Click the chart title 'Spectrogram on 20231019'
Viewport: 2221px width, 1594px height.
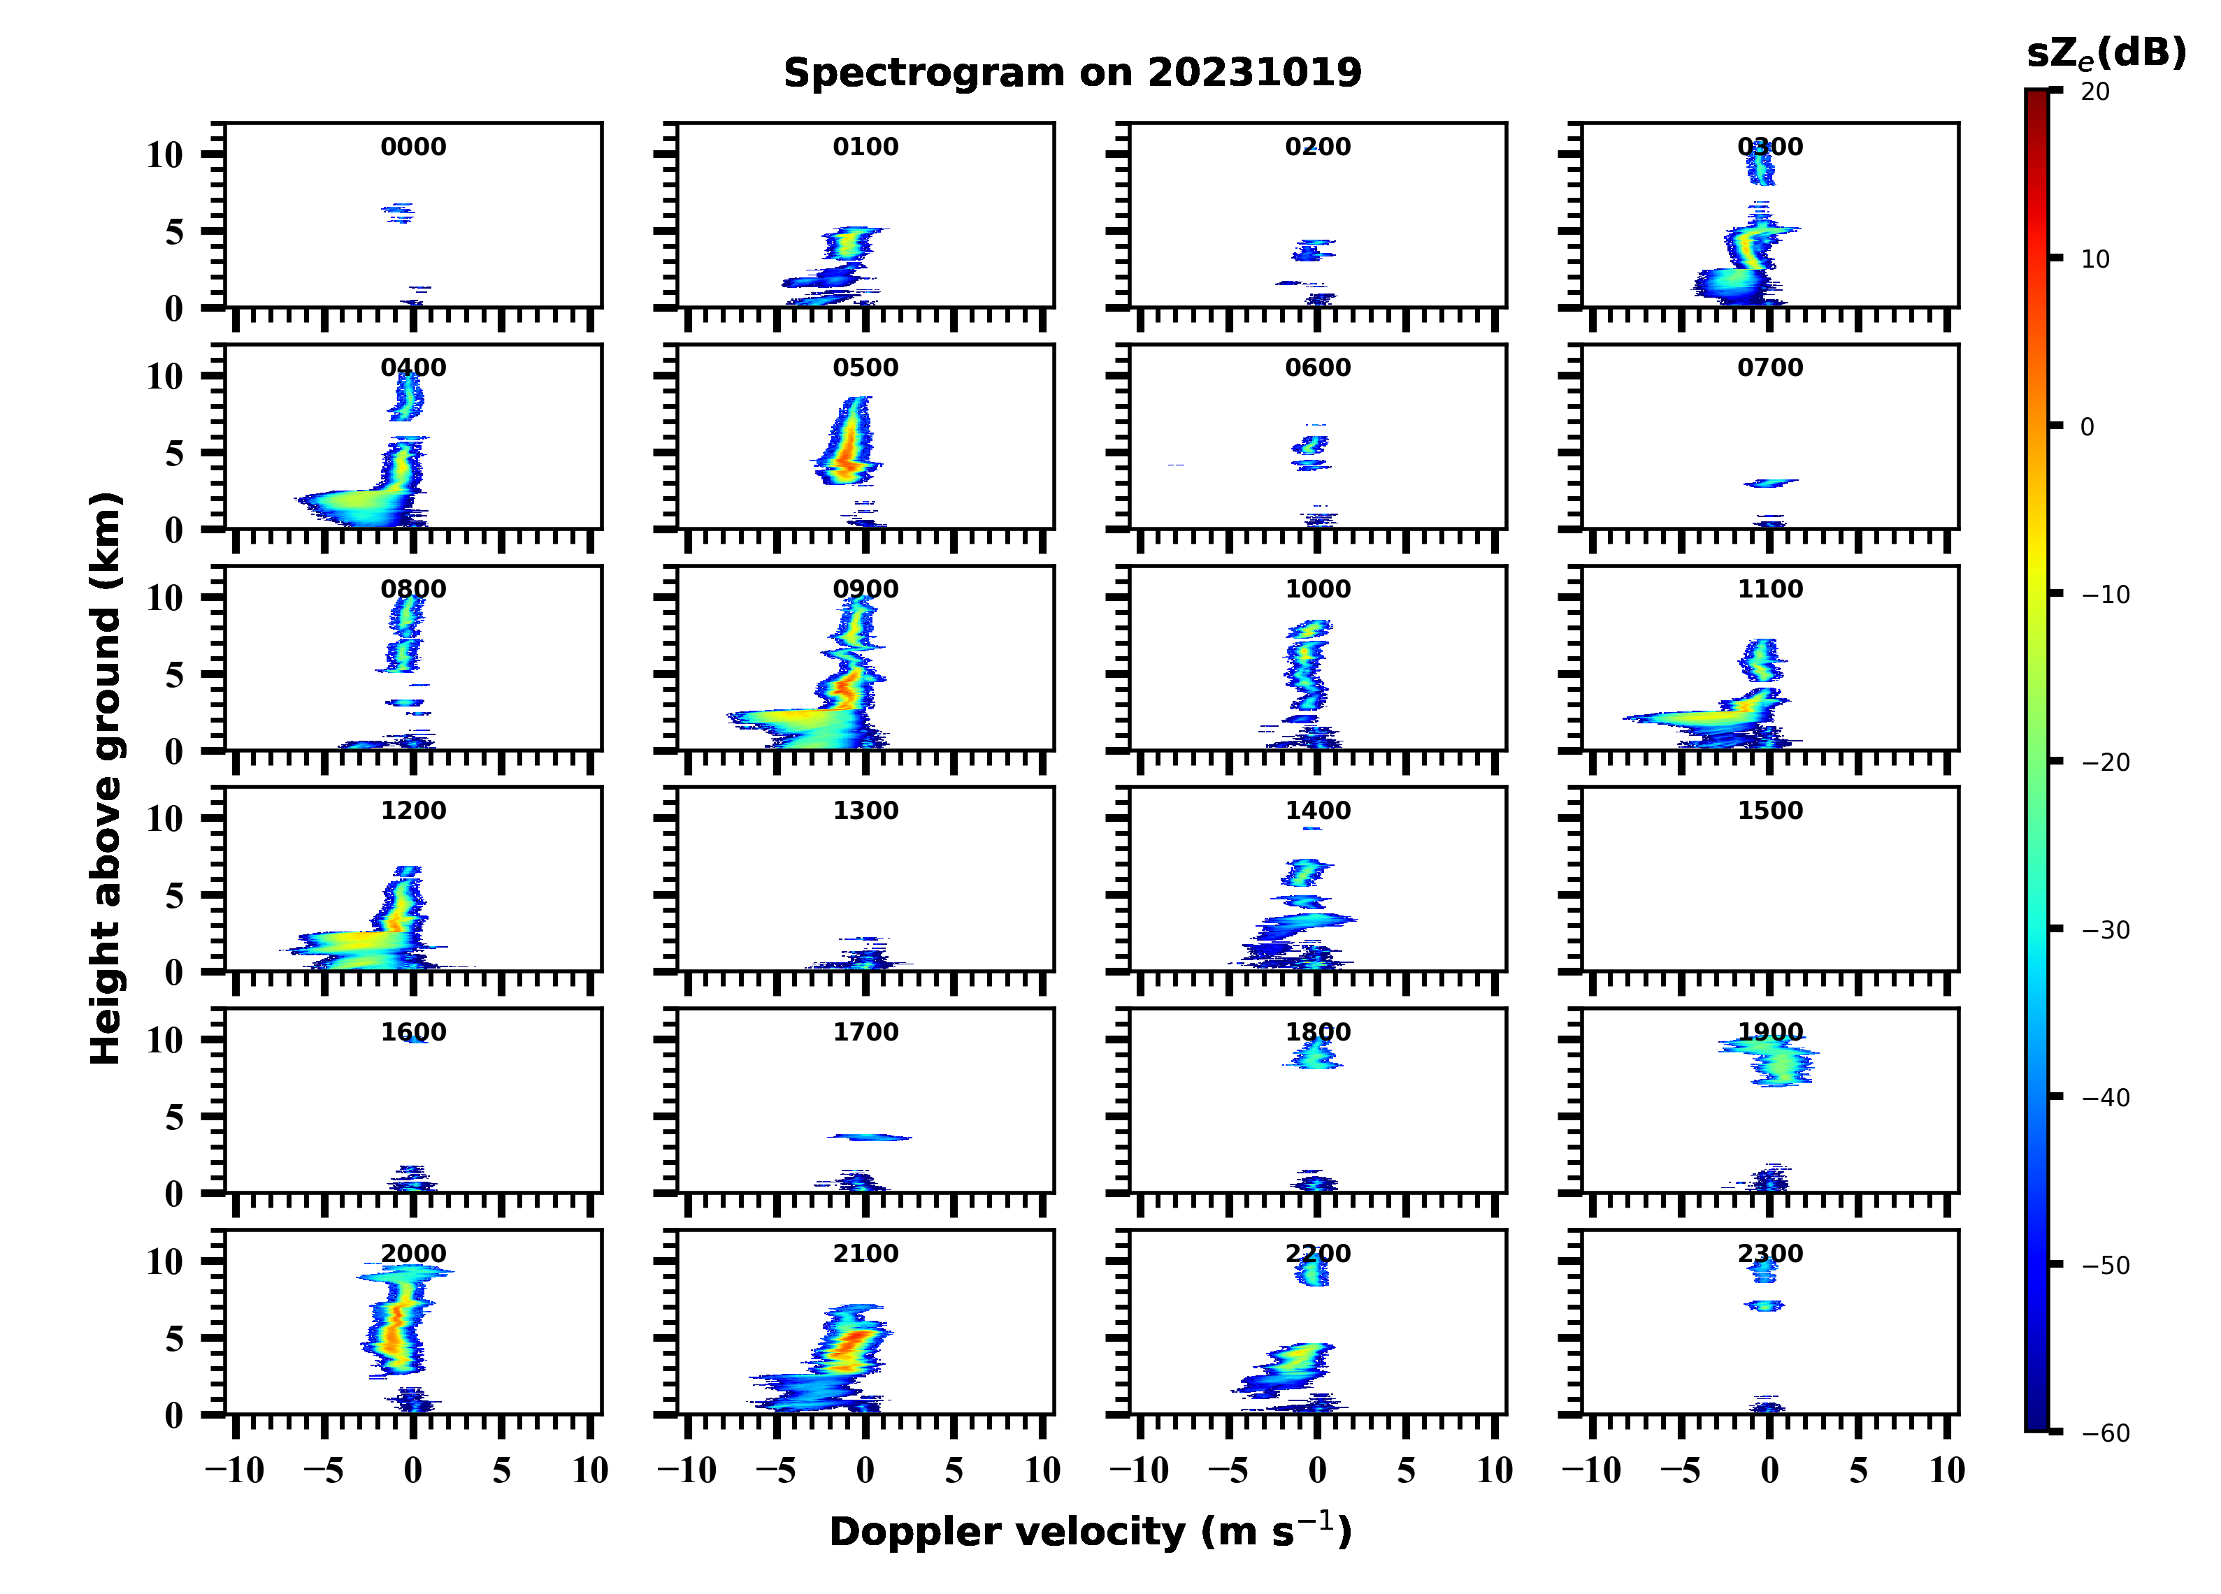pyautogui.click(x=1072, y=73)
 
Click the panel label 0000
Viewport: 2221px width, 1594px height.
pyautogui.click(x=413, y=147)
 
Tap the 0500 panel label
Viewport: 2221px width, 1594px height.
pyautogui.click(x=865, y=368)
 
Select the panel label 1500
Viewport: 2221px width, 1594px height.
pyautogui.click(x=1769, y=811)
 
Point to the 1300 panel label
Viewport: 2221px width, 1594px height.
pyautogui.click(x=865, y=811)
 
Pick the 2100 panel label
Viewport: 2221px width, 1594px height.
pyautogui.click(x=865, y=1253)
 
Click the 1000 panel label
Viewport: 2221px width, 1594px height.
pyautogui.click(x=1318, y=589)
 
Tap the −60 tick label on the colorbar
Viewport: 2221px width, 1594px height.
pyautogui.click(x=2106, y=1433)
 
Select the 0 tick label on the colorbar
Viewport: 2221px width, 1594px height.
pyautogui.click(x=2087, y=427)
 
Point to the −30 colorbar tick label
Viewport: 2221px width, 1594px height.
pyautogui.click(x=2106, y=930)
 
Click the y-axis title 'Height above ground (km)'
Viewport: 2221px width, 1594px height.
pyautogui.click(x=106, y=778)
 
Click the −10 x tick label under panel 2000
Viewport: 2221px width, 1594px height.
pyautogui.click(x=235, y=1470)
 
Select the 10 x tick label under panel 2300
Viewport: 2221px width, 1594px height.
pyautogui.click(x=1947, y=1470)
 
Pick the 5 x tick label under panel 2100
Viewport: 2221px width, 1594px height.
pyautogui.click(x=954, y=1470)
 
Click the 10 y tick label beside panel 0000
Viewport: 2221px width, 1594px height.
pyautogui.click(x=164, y=154)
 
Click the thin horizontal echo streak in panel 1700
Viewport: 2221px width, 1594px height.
pyautogui.click(x=870, y=1137)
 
